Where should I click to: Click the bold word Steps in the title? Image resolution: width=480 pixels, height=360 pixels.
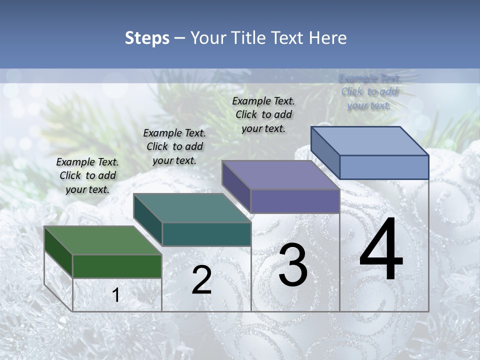click(147, 38)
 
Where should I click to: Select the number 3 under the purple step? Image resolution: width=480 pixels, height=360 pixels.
click(293, 265)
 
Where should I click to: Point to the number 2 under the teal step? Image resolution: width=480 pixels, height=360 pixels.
click(201, 280)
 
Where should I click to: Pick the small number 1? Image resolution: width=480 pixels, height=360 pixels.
click(116, 295)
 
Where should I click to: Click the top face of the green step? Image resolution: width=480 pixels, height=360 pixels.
click(102, 240)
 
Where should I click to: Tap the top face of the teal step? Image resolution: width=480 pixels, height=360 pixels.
click(192, 208)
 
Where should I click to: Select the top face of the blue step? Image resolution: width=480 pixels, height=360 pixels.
click(370, 141)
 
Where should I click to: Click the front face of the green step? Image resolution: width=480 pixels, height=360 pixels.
click(117, 266)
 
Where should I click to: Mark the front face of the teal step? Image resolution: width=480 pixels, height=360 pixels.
click(206, 234)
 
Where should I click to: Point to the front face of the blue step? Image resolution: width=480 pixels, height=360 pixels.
click(384, 167)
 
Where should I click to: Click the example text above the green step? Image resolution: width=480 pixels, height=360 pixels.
click(87, 176)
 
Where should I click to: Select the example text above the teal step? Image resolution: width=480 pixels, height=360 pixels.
click(174, 147)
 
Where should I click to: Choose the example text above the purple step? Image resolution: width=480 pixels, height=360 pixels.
click(263, 114)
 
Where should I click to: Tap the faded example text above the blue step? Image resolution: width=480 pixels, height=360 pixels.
click(369, 92)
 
